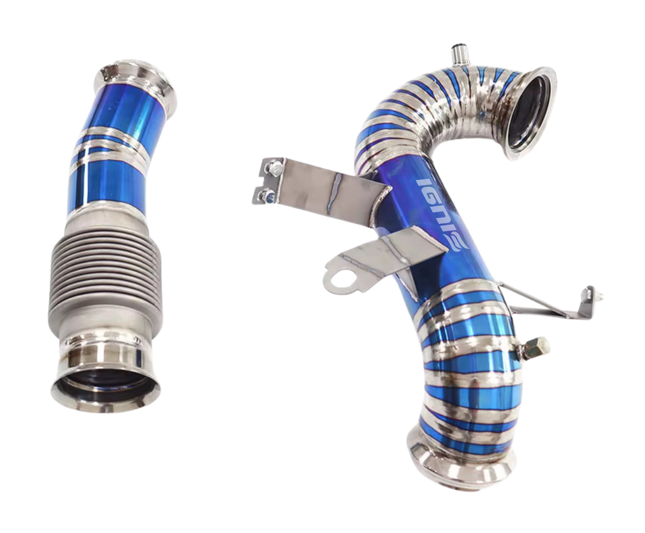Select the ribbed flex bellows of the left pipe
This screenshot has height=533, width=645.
point(106,272)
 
